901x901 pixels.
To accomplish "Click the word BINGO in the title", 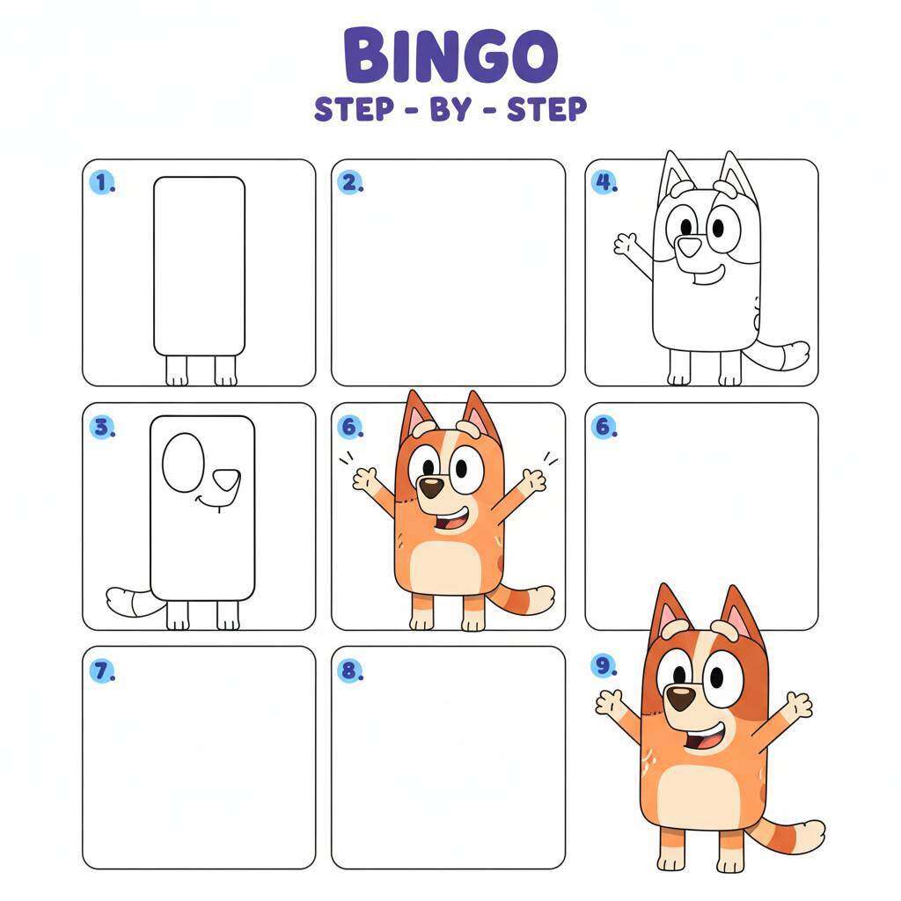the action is [450, 55].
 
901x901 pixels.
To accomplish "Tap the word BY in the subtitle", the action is [450, 109].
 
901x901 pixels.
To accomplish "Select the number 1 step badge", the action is [102, 183].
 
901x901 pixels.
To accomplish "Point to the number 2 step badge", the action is [350, 183].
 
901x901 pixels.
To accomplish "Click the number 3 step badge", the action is [102, 427].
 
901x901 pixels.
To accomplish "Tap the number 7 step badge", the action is [102, 670].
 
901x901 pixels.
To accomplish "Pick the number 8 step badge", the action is [350, 670].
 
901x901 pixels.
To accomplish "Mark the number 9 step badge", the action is [604, 665].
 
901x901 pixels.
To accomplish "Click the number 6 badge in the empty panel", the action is [604, 427].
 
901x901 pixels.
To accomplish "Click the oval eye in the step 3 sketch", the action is [183, 463].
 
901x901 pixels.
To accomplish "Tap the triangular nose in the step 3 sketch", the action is [226, 480].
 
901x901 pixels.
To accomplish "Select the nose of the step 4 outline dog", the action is [689, 246].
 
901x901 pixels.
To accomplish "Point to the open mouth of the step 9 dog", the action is [705, 738].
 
